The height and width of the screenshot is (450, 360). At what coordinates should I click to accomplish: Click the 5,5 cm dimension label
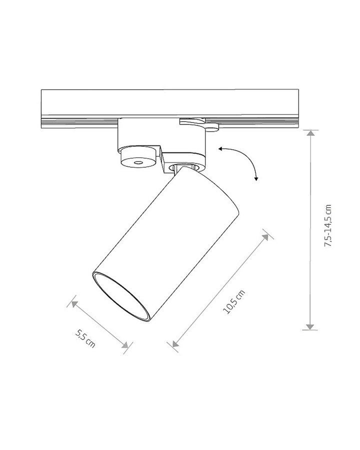point(85,338)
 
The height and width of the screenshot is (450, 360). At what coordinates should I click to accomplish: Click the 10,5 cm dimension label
point(234,302)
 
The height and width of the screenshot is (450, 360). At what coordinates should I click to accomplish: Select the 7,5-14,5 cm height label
point(327,225)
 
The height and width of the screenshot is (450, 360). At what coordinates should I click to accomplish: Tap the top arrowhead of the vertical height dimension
point(310,133)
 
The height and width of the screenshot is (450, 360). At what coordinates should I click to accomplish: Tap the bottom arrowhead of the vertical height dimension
point(310,326)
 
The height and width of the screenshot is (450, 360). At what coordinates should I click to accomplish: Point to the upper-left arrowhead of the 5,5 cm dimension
point(74,303)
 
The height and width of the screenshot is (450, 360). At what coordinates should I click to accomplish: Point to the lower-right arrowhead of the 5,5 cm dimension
point(125,344)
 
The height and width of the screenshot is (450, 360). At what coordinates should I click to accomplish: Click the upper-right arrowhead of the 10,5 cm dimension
point(265,237)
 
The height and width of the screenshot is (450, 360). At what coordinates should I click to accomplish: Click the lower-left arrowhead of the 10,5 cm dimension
point(175,343)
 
